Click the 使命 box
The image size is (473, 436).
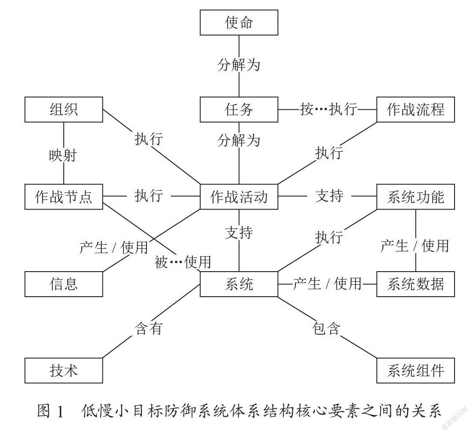pos(239,22)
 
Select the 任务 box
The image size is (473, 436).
pos(239,109)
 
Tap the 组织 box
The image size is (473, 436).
pos(64,109)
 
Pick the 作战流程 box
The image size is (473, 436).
pos(415,109)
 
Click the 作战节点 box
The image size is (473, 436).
pos(64,196)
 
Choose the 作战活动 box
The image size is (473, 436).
pos(239,196)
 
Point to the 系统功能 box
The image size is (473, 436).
pos(415,196)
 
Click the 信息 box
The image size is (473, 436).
pos(64,284)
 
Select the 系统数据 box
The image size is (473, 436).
pos(415,284)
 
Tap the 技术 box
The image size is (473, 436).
pos(64,371)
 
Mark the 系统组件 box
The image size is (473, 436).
pos(415,371)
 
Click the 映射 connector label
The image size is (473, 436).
pos(63,156)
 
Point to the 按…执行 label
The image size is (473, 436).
pos(328,109)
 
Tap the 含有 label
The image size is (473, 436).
pos(149,328)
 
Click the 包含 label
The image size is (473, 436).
pos(326,328)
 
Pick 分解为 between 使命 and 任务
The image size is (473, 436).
pos(239,65)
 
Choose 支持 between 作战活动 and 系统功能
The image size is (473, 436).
pos(329,196)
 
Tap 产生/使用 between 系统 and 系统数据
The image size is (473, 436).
pos(327,284)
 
